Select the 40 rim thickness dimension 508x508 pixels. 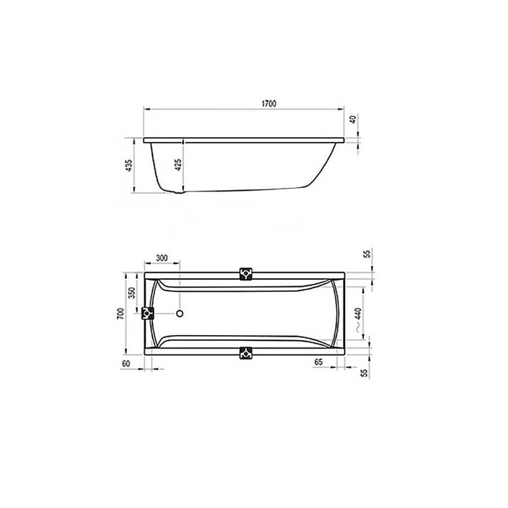pyautogui.click(x=353, y=120)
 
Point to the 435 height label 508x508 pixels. pyautogui.click(x=129, y=165)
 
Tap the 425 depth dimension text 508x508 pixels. pyautogui.click(x=178, y=165)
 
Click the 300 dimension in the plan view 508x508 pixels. pyautogui.click(x=162, y=259)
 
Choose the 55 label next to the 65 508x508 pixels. pyautogui.click(x=364, y=373)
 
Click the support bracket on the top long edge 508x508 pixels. pyautogui.click(x=246, y=273)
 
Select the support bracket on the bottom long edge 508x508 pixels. pyautogui.click(x=246, y=353)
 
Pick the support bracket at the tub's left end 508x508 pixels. pyautogui.click(x=148, y=314)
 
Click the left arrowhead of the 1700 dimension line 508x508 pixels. pyautogui.click(x=146, y=108)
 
